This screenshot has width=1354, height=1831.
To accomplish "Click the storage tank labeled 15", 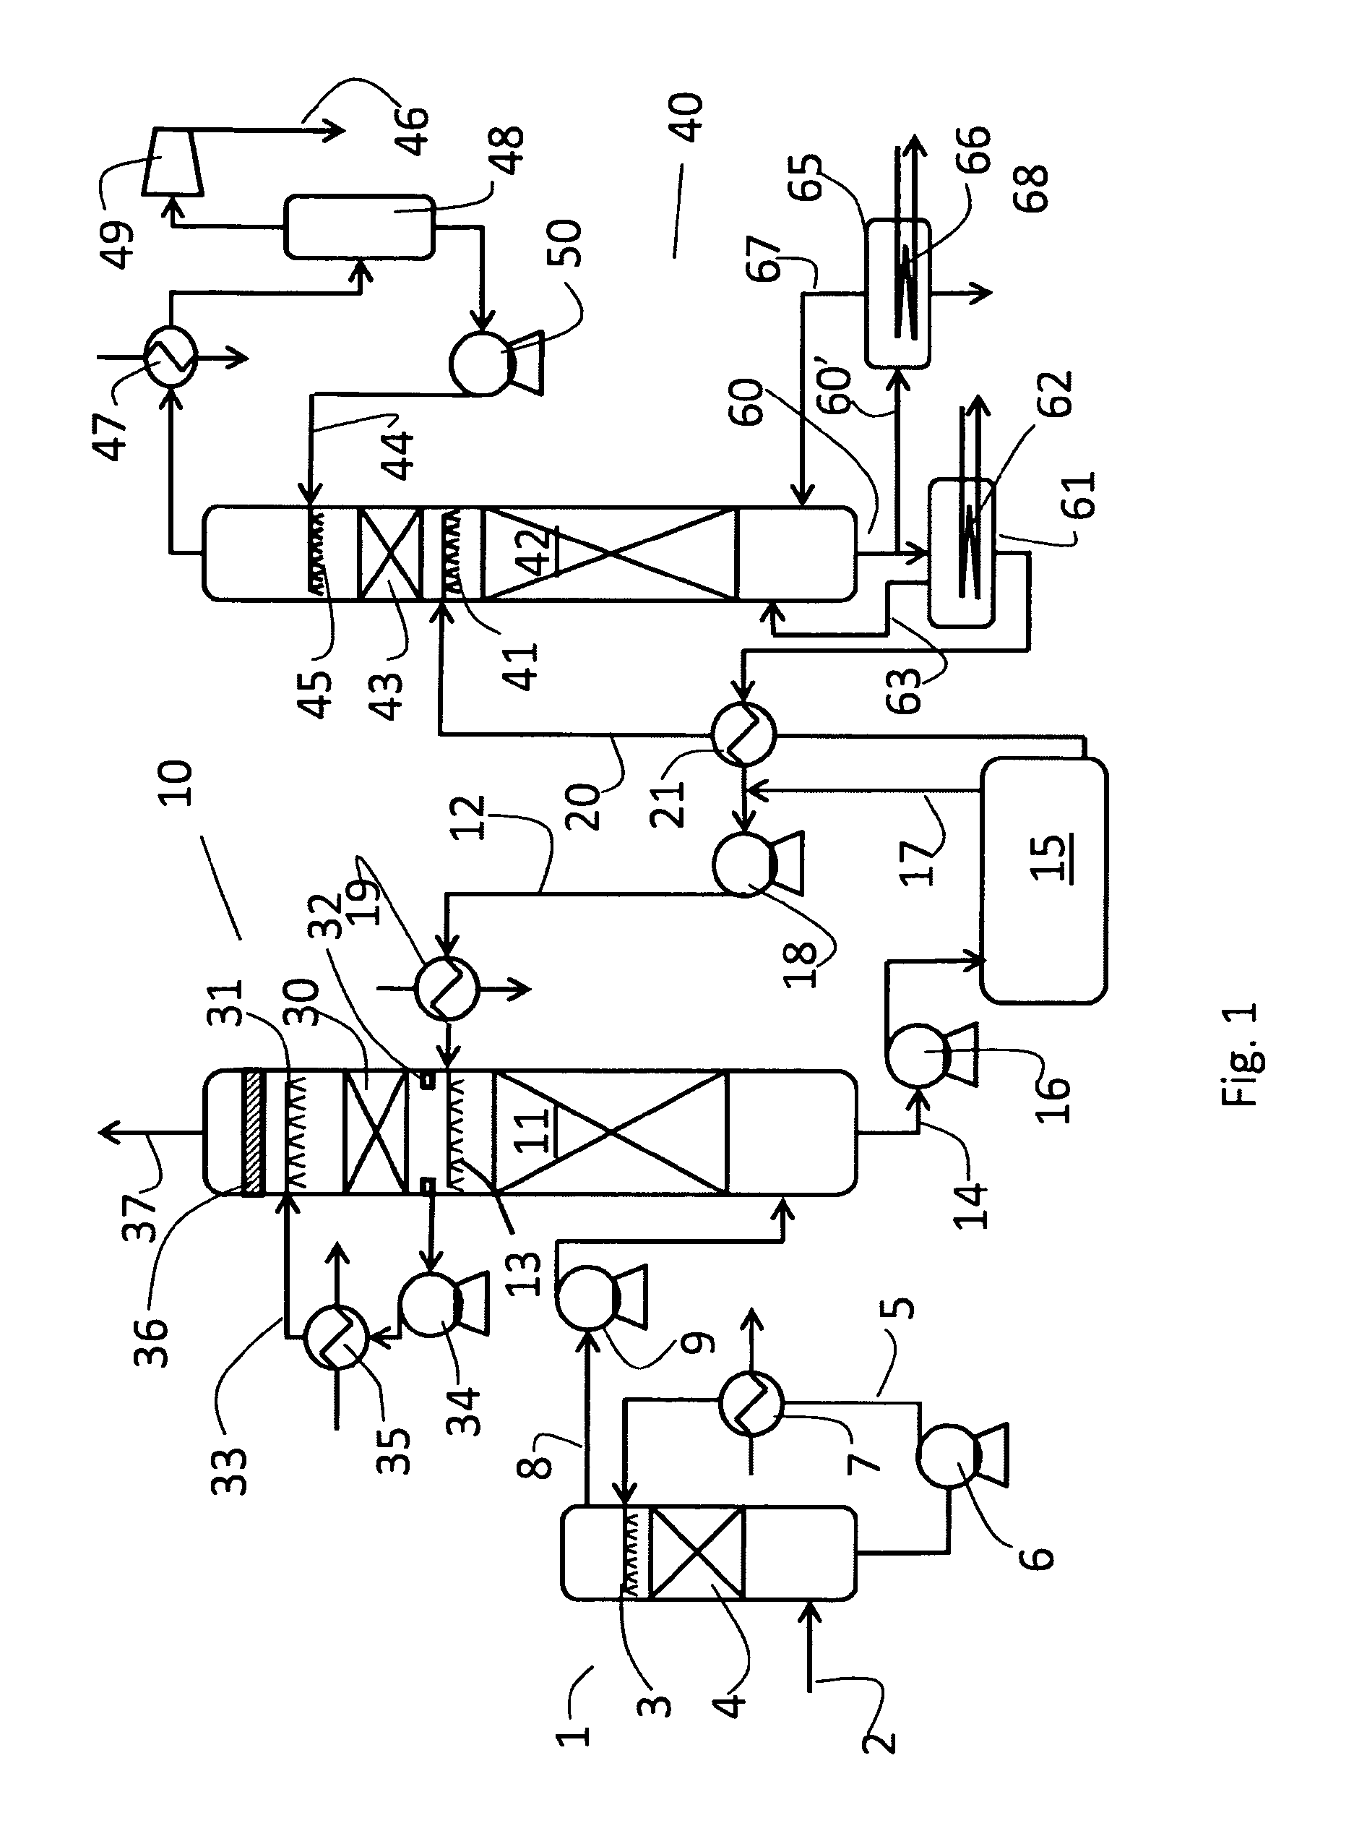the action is pyautogui.click(x=1043, y=880).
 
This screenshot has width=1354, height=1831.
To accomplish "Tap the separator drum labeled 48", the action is pyautogui.click(x=359, y=227).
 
